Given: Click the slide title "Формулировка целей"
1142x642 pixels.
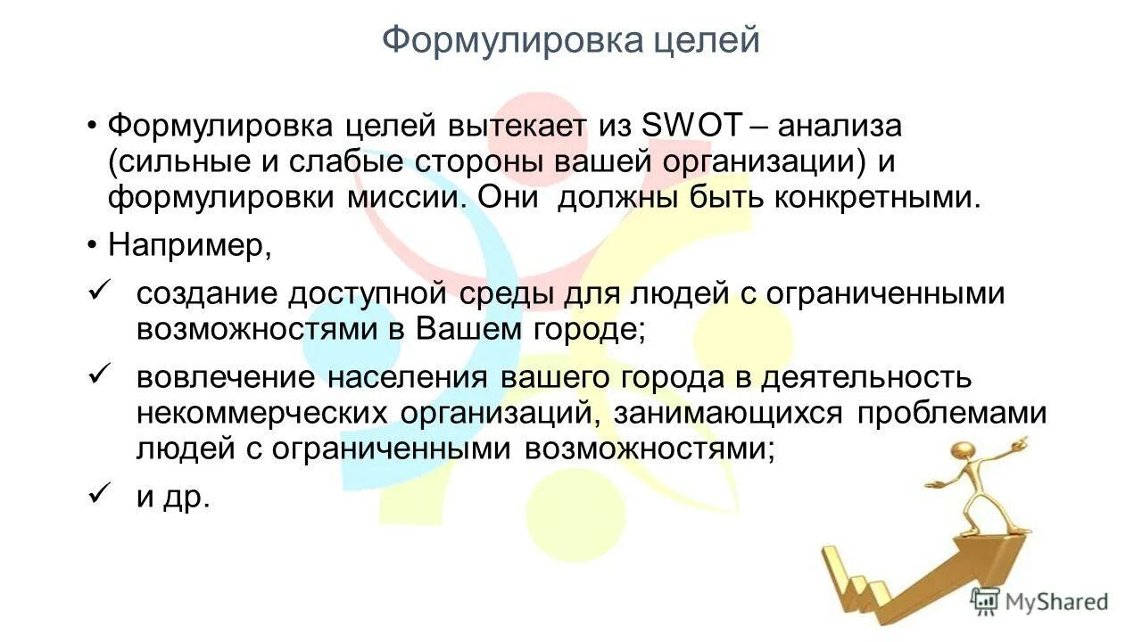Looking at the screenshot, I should [571, 41].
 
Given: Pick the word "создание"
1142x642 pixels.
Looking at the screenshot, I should [205, 293].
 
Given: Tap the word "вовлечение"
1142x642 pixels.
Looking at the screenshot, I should [226, 376].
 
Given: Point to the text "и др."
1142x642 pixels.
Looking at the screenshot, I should [173, 497].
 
